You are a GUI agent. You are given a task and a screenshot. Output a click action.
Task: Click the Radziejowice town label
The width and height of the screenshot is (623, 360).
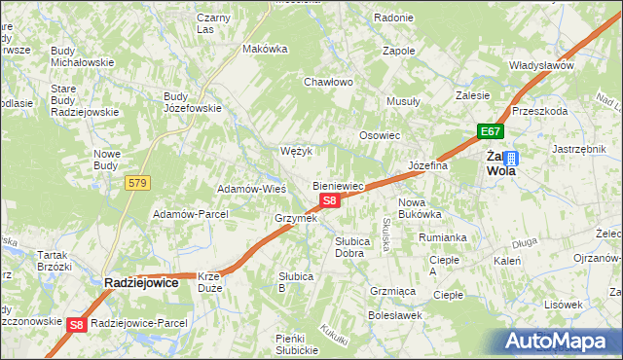click(x=141, y=282)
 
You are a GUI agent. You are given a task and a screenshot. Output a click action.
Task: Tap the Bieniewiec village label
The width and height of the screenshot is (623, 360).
click(x=338, y=185)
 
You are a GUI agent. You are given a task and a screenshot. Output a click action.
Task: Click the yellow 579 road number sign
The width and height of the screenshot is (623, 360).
click(x=137, y=182)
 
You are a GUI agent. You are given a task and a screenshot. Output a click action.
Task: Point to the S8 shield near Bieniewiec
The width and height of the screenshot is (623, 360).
click(x=330, y=200)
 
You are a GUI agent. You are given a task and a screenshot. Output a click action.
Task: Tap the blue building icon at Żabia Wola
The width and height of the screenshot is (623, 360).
click(x=511, y=158)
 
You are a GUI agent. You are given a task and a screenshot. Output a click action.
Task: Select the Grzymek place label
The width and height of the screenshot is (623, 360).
click(x=296, y=218)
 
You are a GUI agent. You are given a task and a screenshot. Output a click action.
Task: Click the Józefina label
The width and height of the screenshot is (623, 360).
click(x=427, y=165)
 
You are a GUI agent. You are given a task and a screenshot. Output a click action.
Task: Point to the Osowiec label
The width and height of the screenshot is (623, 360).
click(x=380, y=135)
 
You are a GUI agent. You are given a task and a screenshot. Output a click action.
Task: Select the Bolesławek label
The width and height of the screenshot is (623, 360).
click(x=393, y=315)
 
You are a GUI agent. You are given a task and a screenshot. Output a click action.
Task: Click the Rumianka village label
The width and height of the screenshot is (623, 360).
click(x=443, y=236)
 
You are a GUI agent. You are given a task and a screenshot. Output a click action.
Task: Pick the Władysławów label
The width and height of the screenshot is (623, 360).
click(x=541, y=65)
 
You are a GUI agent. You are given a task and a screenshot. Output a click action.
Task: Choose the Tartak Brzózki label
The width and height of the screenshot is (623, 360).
click(x=55, y=260)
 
